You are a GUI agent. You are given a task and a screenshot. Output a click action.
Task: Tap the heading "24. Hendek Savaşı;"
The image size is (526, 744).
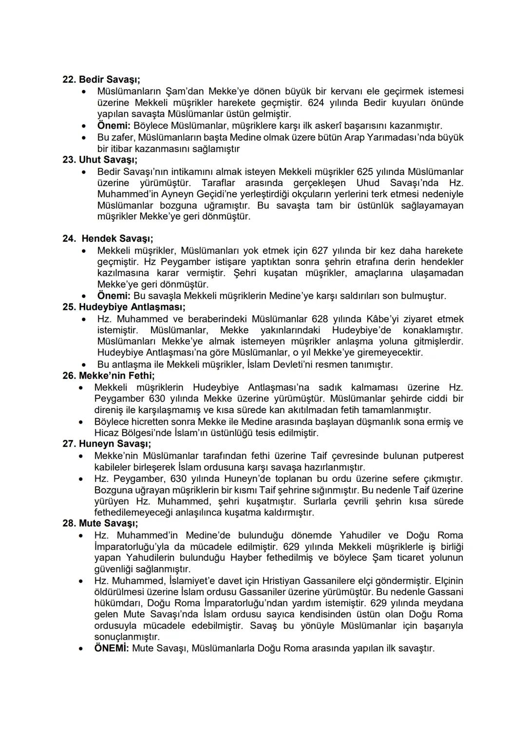click(x=108, y=239)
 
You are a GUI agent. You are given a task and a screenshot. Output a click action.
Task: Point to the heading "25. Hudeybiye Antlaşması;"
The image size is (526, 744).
click(x=124, y=307)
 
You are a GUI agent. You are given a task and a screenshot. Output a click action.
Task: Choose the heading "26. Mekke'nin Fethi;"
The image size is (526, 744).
click(x=109, y=376)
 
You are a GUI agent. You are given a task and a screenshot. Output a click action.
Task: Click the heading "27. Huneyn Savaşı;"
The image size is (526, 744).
click(x=107, y=444)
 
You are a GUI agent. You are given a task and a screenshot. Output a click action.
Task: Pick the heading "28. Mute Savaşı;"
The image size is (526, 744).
click(x=100, y=523)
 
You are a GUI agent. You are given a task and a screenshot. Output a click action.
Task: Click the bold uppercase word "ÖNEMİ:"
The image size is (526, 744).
click(x=112, y=649)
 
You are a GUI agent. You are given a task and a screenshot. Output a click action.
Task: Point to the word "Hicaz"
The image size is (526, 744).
click(x=107, y=433)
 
